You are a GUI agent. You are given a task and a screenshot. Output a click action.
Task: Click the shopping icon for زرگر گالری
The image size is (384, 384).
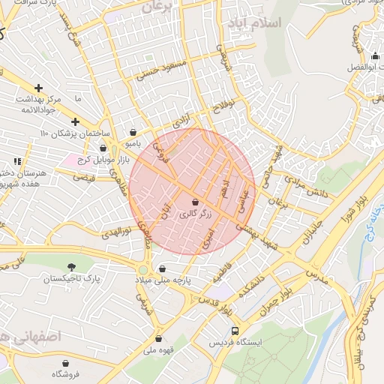(x=196, y=202)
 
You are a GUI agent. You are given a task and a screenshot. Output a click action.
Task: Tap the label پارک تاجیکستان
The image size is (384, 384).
(x=71, y=278)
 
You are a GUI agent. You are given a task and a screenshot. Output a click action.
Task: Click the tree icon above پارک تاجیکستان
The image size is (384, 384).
(x=71, y=267)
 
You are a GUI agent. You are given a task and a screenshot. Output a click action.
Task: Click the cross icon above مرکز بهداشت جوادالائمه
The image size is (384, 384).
(x=38, y=88)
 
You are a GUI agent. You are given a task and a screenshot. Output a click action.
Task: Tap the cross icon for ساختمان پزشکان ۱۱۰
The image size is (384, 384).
(x=75, y=121)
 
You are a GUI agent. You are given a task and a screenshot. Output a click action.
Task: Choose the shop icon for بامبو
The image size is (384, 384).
(x=133, y=131)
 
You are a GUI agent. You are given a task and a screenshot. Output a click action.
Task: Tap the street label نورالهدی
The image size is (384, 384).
(x=115, y=231)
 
